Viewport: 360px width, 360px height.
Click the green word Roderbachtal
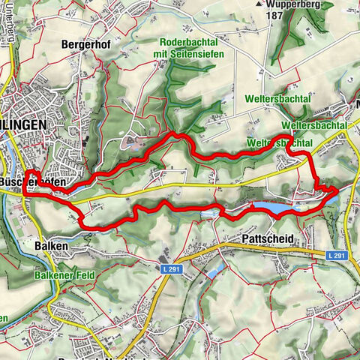pyautogui.click(x=190, y=43)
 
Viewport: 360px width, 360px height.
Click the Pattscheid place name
pyautogui.click(x=268, y=239)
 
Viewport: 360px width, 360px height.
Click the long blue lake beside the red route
pyautogui.click(x=274, y=205)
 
